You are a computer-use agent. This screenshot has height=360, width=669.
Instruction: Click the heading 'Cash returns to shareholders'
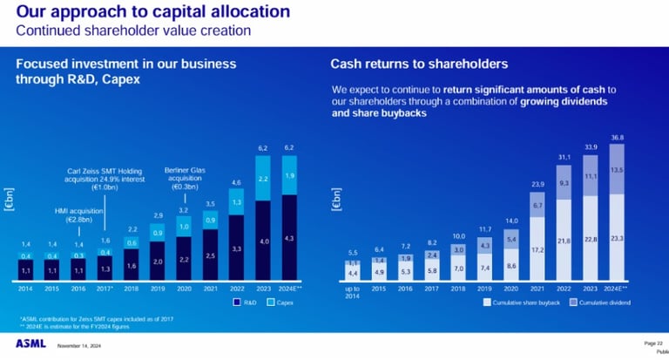point(418,64)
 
